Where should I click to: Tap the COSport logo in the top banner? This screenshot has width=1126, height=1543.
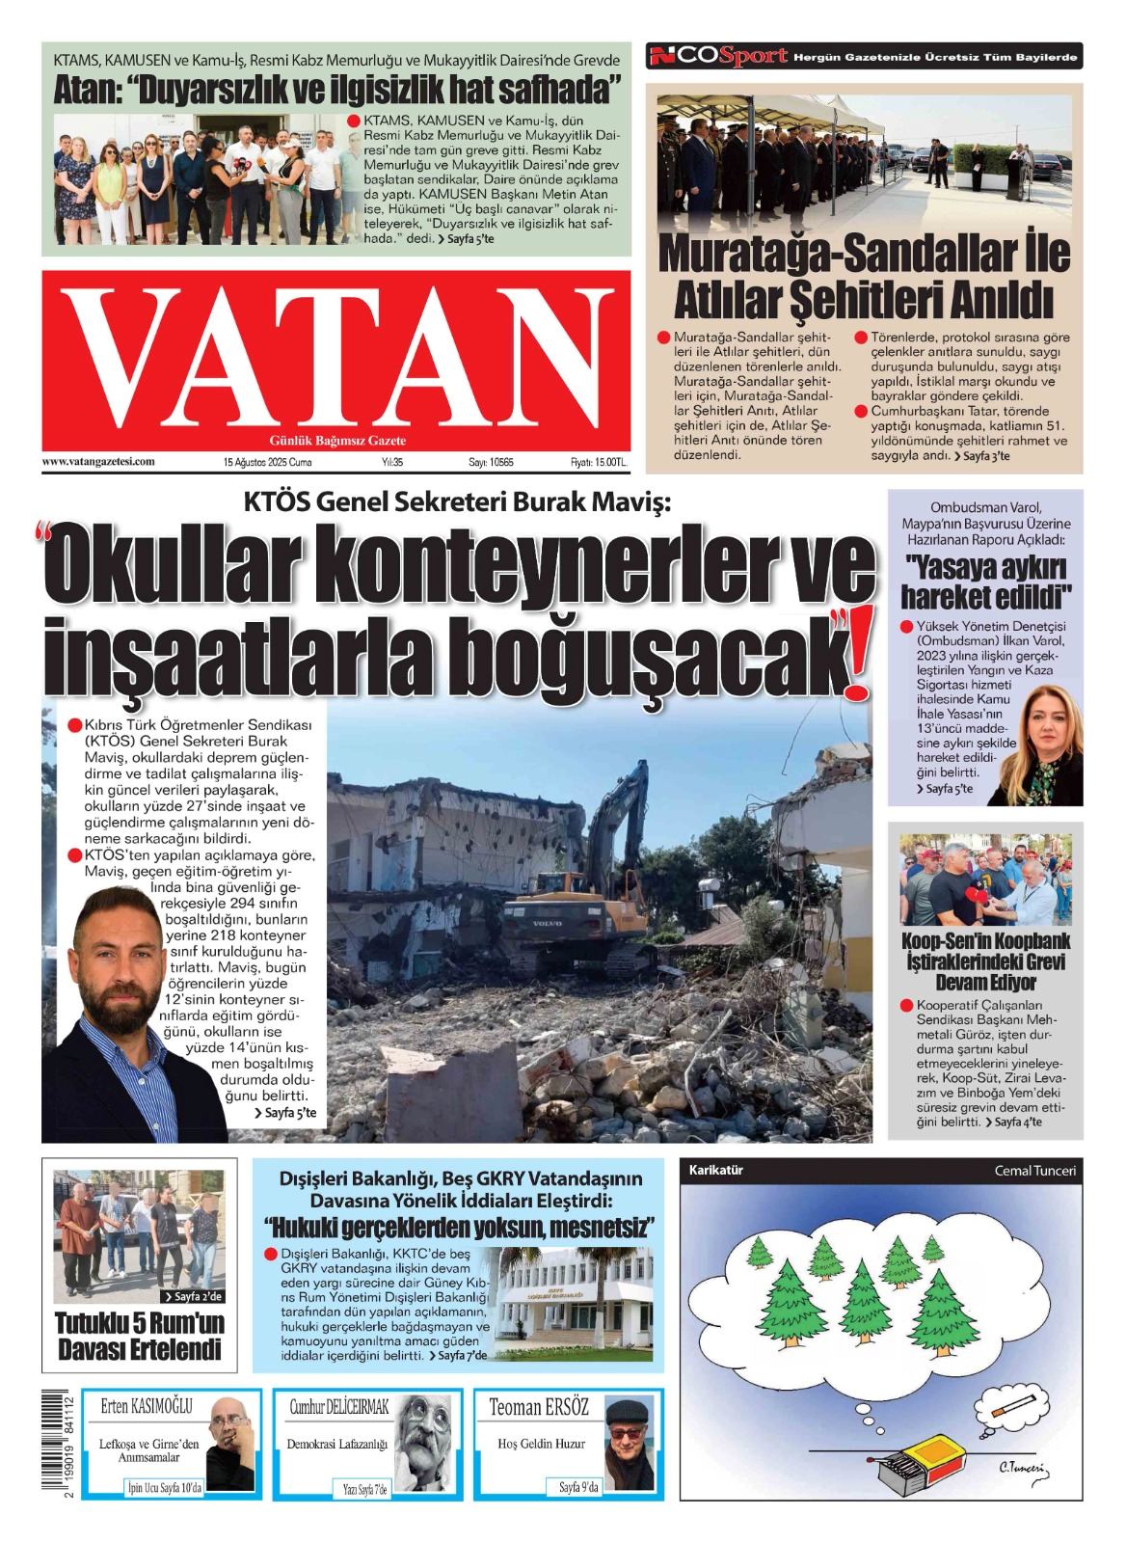pyautogui.click(x=718, y=57)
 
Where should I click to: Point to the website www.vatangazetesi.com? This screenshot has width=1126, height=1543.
pyautogui.click(x=98, y=462)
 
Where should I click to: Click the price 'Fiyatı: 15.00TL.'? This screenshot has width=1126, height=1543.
pyautogui.click(x=598, y=462)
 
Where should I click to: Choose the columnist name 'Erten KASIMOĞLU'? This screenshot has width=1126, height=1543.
pyautogui.click(x=147, y=1407)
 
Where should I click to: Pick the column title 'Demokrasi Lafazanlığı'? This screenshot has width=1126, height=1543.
pyautogui.click(x=336, y=1444)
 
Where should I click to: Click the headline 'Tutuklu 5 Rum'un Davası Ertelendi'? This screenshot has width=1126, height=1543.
pyautogui.click(x=139, y=1336)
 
